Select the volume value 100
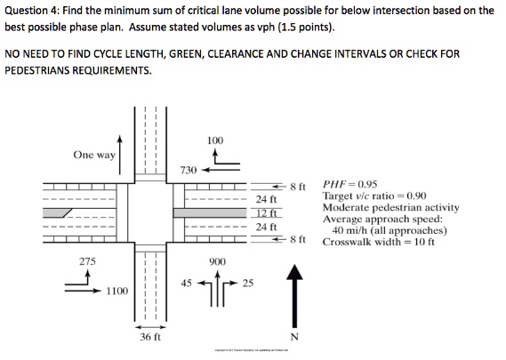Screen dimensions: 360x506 point(214,141)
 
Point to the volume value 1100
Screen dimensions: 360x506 point(118,291)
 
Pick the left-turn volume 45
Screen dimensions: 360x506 point(186,284)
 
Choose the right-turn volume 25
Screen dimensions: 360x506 point(247,284)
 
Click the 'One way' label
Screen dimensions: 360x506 point(94,154)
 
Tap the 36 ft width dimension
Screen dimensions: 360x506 point(149,338)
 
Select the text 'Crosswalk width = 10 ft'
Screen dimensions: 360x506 point(379,241)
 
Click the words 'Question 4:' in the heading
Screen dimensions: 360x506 point(33,11)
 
